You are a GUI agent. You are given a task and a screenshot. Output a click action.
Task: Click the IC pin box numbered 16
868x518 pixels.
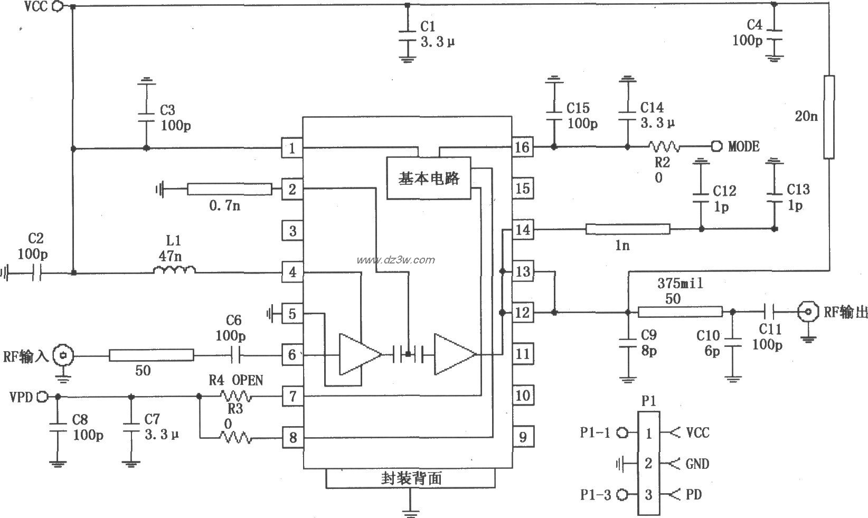pos(522,147)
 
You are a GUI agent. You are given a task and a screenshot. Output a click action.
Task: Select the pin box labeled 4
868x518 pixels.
pos(293,272)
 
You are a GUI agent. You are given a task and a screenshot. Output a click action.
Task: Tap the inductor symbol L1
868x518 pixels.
pos(174,270)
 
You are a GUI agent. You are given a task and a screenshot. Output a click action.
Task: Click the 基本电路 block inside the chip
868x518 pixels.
pos(429,178)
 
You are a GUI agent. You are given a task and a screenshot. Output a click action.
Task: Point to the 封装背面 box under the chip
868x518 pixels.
pos(411,478)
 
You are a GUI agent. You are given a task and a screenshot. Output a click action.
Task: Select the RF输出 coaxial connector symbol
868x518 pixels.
pos(808,313)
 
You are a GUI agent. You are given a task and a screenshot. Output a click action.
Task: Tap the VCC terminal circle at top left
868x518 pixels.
pos(59,6)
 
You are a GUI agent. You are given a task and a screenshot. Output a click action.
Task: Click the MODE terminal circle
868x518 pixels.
pos(716,146)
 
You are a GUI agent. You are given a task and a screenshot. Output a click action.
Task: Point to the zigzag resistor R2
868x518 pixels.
pos(664,146)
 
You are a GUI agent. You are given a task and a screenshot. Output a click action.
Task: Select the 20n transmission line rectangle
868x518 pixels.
pos(829,117)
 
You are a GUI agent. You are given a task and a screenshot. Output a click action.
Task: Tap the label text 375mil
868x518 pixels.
pos(680,284)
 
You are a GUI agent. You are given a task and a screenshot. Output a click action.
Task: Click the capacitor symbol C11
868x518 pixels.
pos(772,312)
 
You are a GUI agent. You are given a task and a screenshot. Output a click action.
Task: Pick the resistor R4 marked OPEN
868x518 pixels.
pos(235,395)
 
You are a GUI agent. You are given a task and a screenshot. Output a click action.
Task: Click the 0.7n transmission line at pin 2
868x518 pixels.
pos(229,189)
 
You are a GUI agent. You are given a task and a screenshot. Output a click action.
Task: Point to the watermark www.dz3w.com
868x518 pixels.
pos(396,259)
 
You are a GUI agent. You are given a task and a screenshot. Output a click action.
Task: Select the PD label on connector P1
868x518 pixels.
pos(694,495)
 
